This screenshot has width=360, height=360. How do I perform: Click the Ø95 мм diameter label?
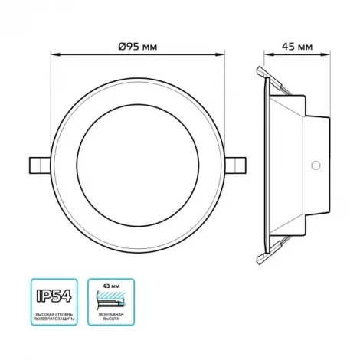point(139,46)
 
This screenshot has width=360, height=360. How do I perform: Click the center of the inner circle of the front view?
point(139,165)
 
